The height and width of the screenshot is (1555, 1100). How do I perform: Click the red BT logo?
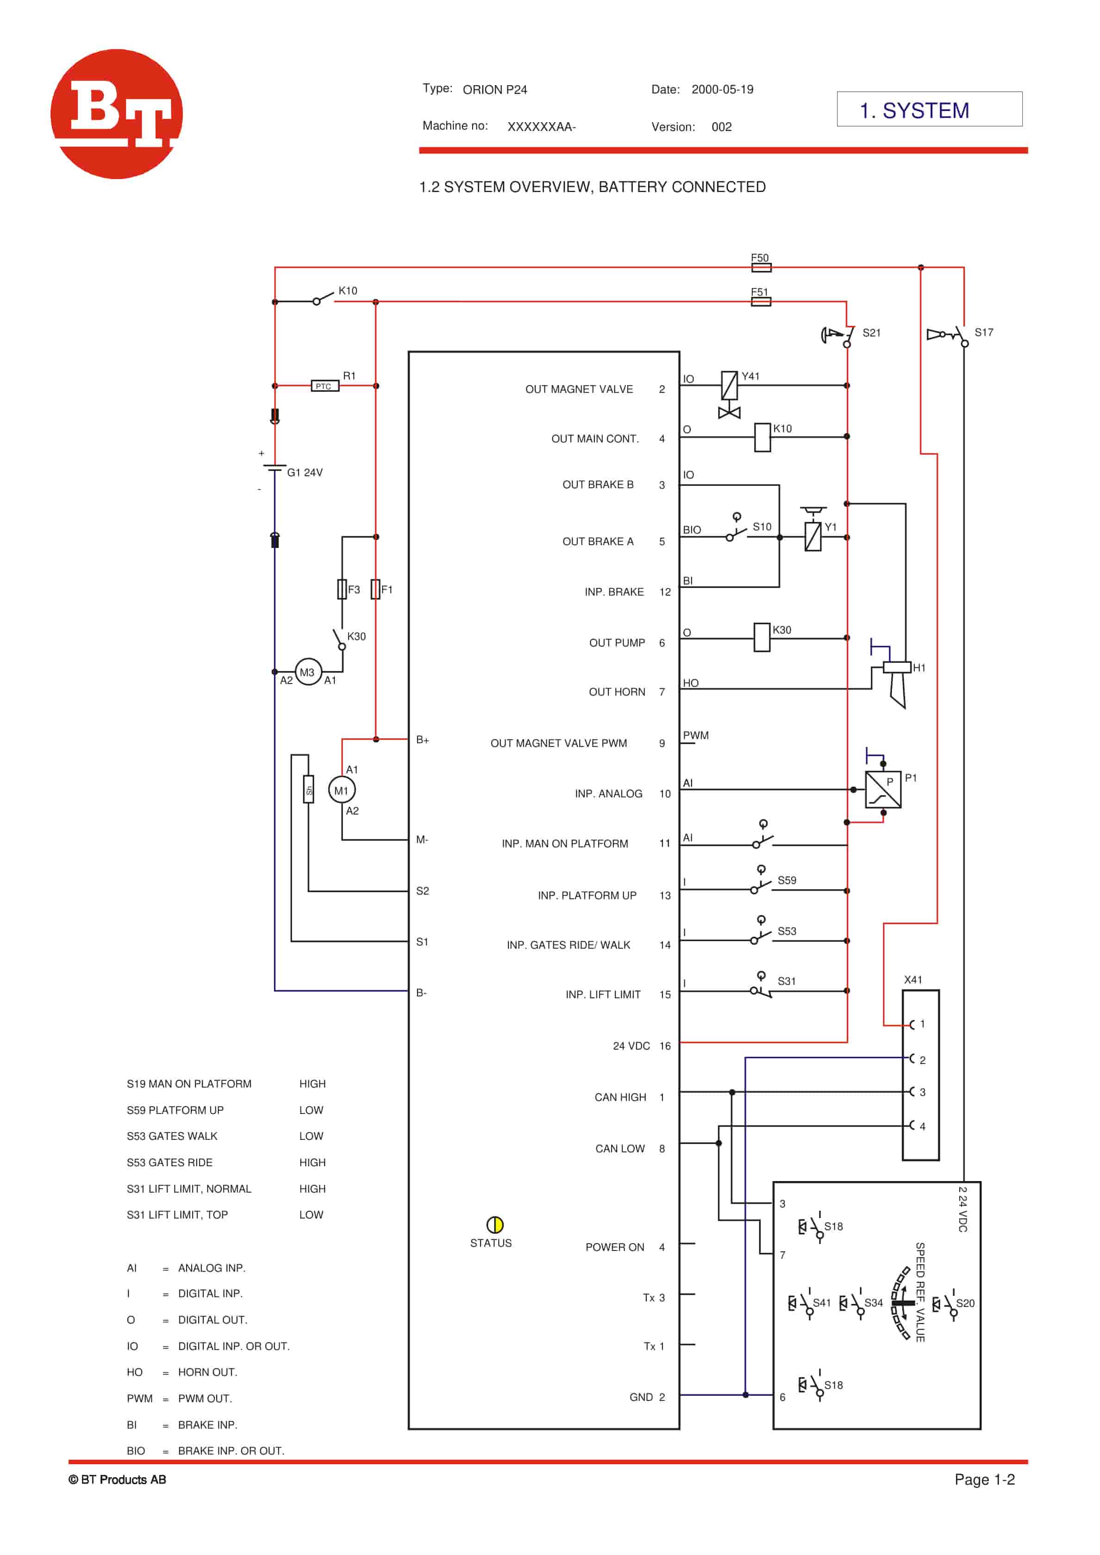(117, 114)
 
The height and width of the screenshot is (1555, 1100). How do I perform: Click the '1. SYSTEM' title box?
(929, 109)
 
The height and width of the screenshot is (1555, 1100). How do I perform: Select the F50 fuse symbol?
(761, 267)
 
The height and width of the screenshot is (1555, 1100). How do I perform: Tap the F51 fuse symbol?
(761, 301)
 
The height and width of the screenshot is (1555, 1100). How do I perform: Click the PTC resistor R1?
(325, 386)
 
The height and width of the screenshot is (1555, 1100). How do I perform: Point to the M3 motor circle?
(308, 672)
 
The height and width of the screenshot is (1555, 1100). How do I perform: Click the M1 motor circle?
(341, 790)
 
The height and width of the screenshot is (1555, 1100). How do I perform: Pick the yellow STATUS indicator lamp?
(494, 1225)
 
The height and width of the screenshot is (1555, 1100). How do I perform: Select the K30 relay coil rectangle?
(762, 637)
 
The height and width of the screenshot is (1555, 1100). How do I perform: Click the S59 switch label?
(787, 880)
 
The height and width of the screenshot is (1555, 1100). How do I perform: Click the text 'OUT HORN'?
(616, 691)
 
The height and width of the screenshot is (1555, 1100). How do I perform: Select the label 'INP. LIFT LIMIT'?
(603, 994)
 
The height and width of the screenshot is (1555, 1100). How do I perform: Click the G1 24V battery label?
(305, 472)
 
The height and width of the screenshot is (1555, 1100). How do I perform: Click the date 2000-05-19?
(722, 89)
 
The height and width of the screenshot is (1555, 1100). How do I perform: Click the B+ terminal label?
(423, 740)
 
